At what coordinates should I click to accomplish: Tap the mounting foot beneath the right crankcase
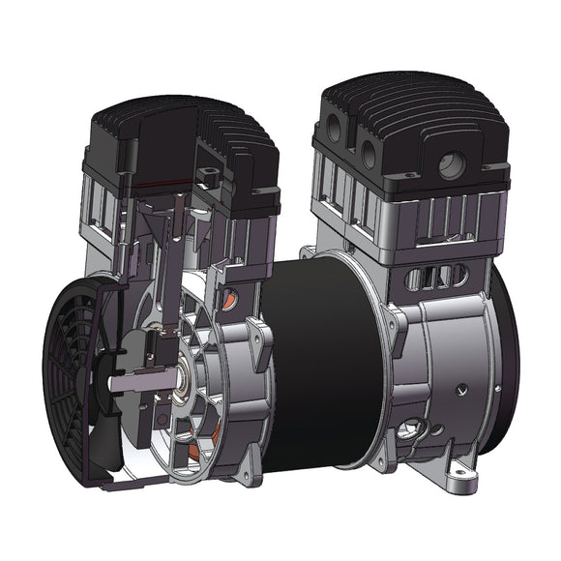point(450,474)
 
